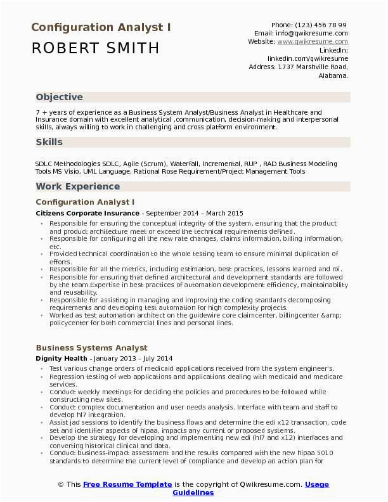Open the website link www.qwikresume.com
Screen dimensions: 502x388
[x=312, y=41]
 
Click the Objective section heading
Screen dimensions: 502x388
[x=59, y=97]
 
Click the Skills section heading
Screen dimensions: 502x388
[x=49, y=142]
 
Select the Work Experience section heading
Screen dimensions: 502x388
[x=77, y=186]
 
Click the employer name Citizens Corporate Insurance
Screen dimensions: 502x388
[x=87, y=214]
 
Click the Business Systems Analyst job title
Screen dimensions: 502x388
[x=91, y=347]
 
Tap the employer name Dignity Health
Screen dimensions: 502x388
[x=62, y=358]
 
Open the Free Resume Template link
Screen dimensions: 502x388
[x=127, y=484]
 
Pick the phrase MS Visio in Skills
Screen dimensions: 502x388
[x=65, y=171]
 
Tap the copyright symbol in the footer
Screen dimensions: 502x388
[x=61, y=484]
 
